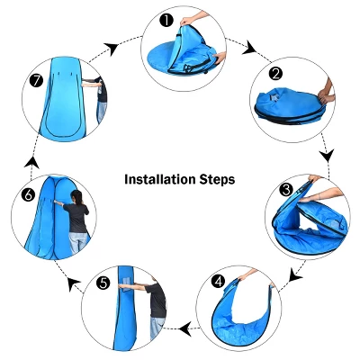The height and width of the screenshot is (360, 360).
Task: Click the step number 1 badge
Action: [x=166, y=22]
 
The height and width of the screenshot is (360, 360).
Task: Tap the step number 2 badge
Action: [x=275, y=74]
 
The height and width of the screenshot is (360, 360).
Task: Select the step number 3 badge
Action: [x=286, y=189]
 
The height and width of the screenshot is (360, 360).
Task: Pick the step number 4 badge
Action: [x=218, y=282]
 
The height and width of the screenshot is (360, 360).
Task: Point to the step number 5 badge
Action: [x=103, y=283]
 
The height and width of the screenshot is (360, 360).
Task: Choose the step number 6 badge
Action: [x=29, y=195]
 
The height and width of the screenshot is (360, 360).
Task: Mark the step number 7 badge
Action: [x=37, y=81]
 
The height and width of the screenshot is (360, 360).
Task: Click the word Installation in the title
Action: [x=160, y=179]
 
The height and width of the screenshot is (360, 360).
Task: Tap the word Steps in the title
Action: [x=217, y=180]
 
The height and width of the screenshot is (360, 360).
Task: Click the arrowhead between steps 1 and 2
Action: [x=249, y=49]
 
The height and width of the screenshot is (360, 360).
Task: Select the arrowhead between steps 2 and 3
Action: [x=327, y=156]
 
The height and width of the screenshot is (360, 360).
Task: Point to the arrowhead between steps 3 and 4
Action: [x=295, y=275]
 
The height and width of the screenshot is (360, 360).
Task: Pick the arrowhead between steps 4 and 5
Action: [x=185, y=328]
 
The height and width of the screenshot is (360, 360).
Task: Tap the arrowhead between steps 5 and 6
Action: [x=73, y=283]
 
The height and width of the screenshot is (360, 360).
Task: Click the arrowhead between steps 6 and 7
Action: [x=31, y=163]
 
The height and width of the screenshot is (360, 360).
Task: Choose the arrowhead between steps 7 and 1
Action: [x=112, y=49]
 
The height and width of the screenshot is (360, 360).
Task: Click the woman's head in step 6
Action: [x=76, y=196]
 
